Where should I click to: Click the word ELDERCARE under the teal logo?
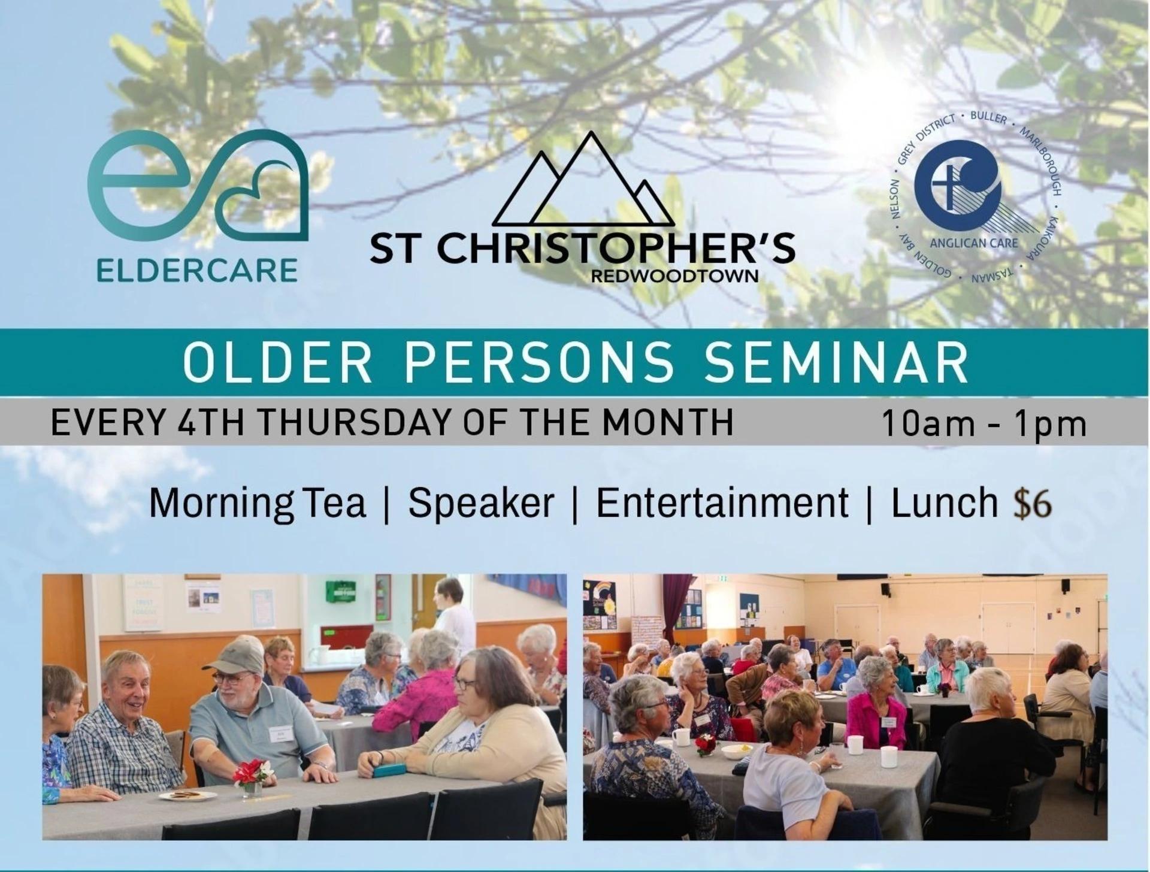click(x=197, y=270)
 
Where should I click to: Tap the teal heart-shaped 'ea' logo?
click(x=198, y=188)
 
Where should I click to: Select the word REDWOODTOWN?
click(x=674, y=276)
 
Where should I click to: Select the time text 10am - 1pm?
click(x=984, y=423)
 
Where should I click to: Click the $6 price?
click(x=1033, y=503)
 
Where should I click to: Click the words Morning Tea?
click(x=258, y=503)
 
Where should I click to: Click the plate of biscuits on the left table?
click(x=187, y=795)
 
